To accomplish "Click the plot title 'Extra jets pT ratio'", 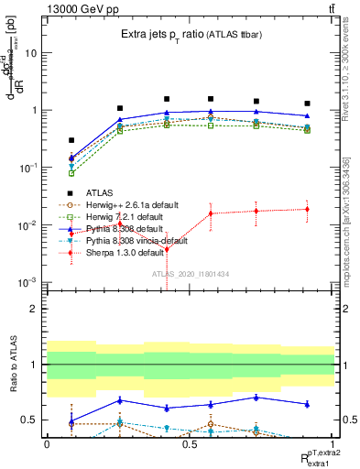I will (x=169, y=34).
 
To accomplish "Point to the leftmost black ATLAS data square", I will (x=71, y=140).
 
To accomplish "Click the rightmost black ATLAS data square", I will (x=307, y=104).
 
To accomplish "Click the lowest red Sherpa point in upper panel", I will (x=167, y=249).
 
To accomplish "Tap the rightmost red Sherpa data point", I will (x=307, y=209).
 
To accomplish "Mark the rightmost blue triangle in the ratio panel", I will (x=307, y=404).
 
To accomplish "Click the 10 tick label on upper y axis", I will (x=31, y=53).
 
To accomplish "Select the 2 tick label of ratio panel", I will (x=35, y=309).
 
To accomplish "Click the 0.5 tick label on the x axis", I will (x=190, y=443).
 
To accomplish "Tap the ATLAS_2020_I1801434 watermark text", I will (x=190, y=273).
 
